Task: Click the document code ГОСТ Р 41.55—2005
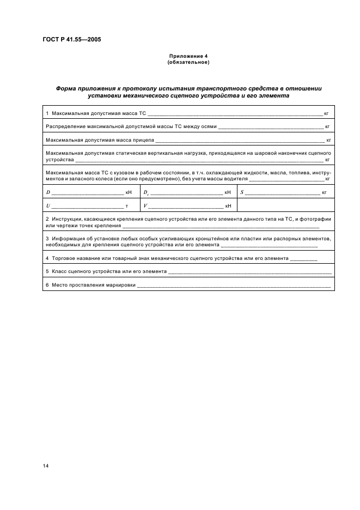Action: click(x=70, y=39)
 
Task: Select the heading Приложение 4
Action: click(x=187, y=56)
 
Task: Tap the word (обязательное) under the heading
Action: click(x=187, y=62)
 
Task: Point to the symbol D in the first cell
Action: click(x=48, y=192)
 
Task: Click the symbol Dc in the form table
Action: click(x=146, y=193)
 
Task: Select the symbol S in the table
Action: click(x=242, y=192)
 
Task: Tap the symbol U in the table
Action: click(x=48, y=205)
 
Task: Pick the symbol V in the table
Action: click(x=145, y=205)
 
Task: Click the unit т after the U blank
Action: click(x=126, y=206)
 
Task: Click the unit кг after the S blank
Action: click(x=324, y=193)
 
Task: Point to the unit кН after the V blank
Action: click(x=228, y=206)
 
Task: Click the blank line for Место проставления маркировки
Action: click(x=234, y=286)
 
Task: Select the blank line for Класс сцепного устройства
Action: click(x=250, y=271)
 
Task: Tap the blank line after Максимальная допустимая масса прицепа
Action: click(x=240, y=141)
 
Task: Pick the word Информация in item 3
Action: click(x=66, y=239)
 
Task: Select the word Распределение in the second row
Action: click(x=64, y=126)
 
